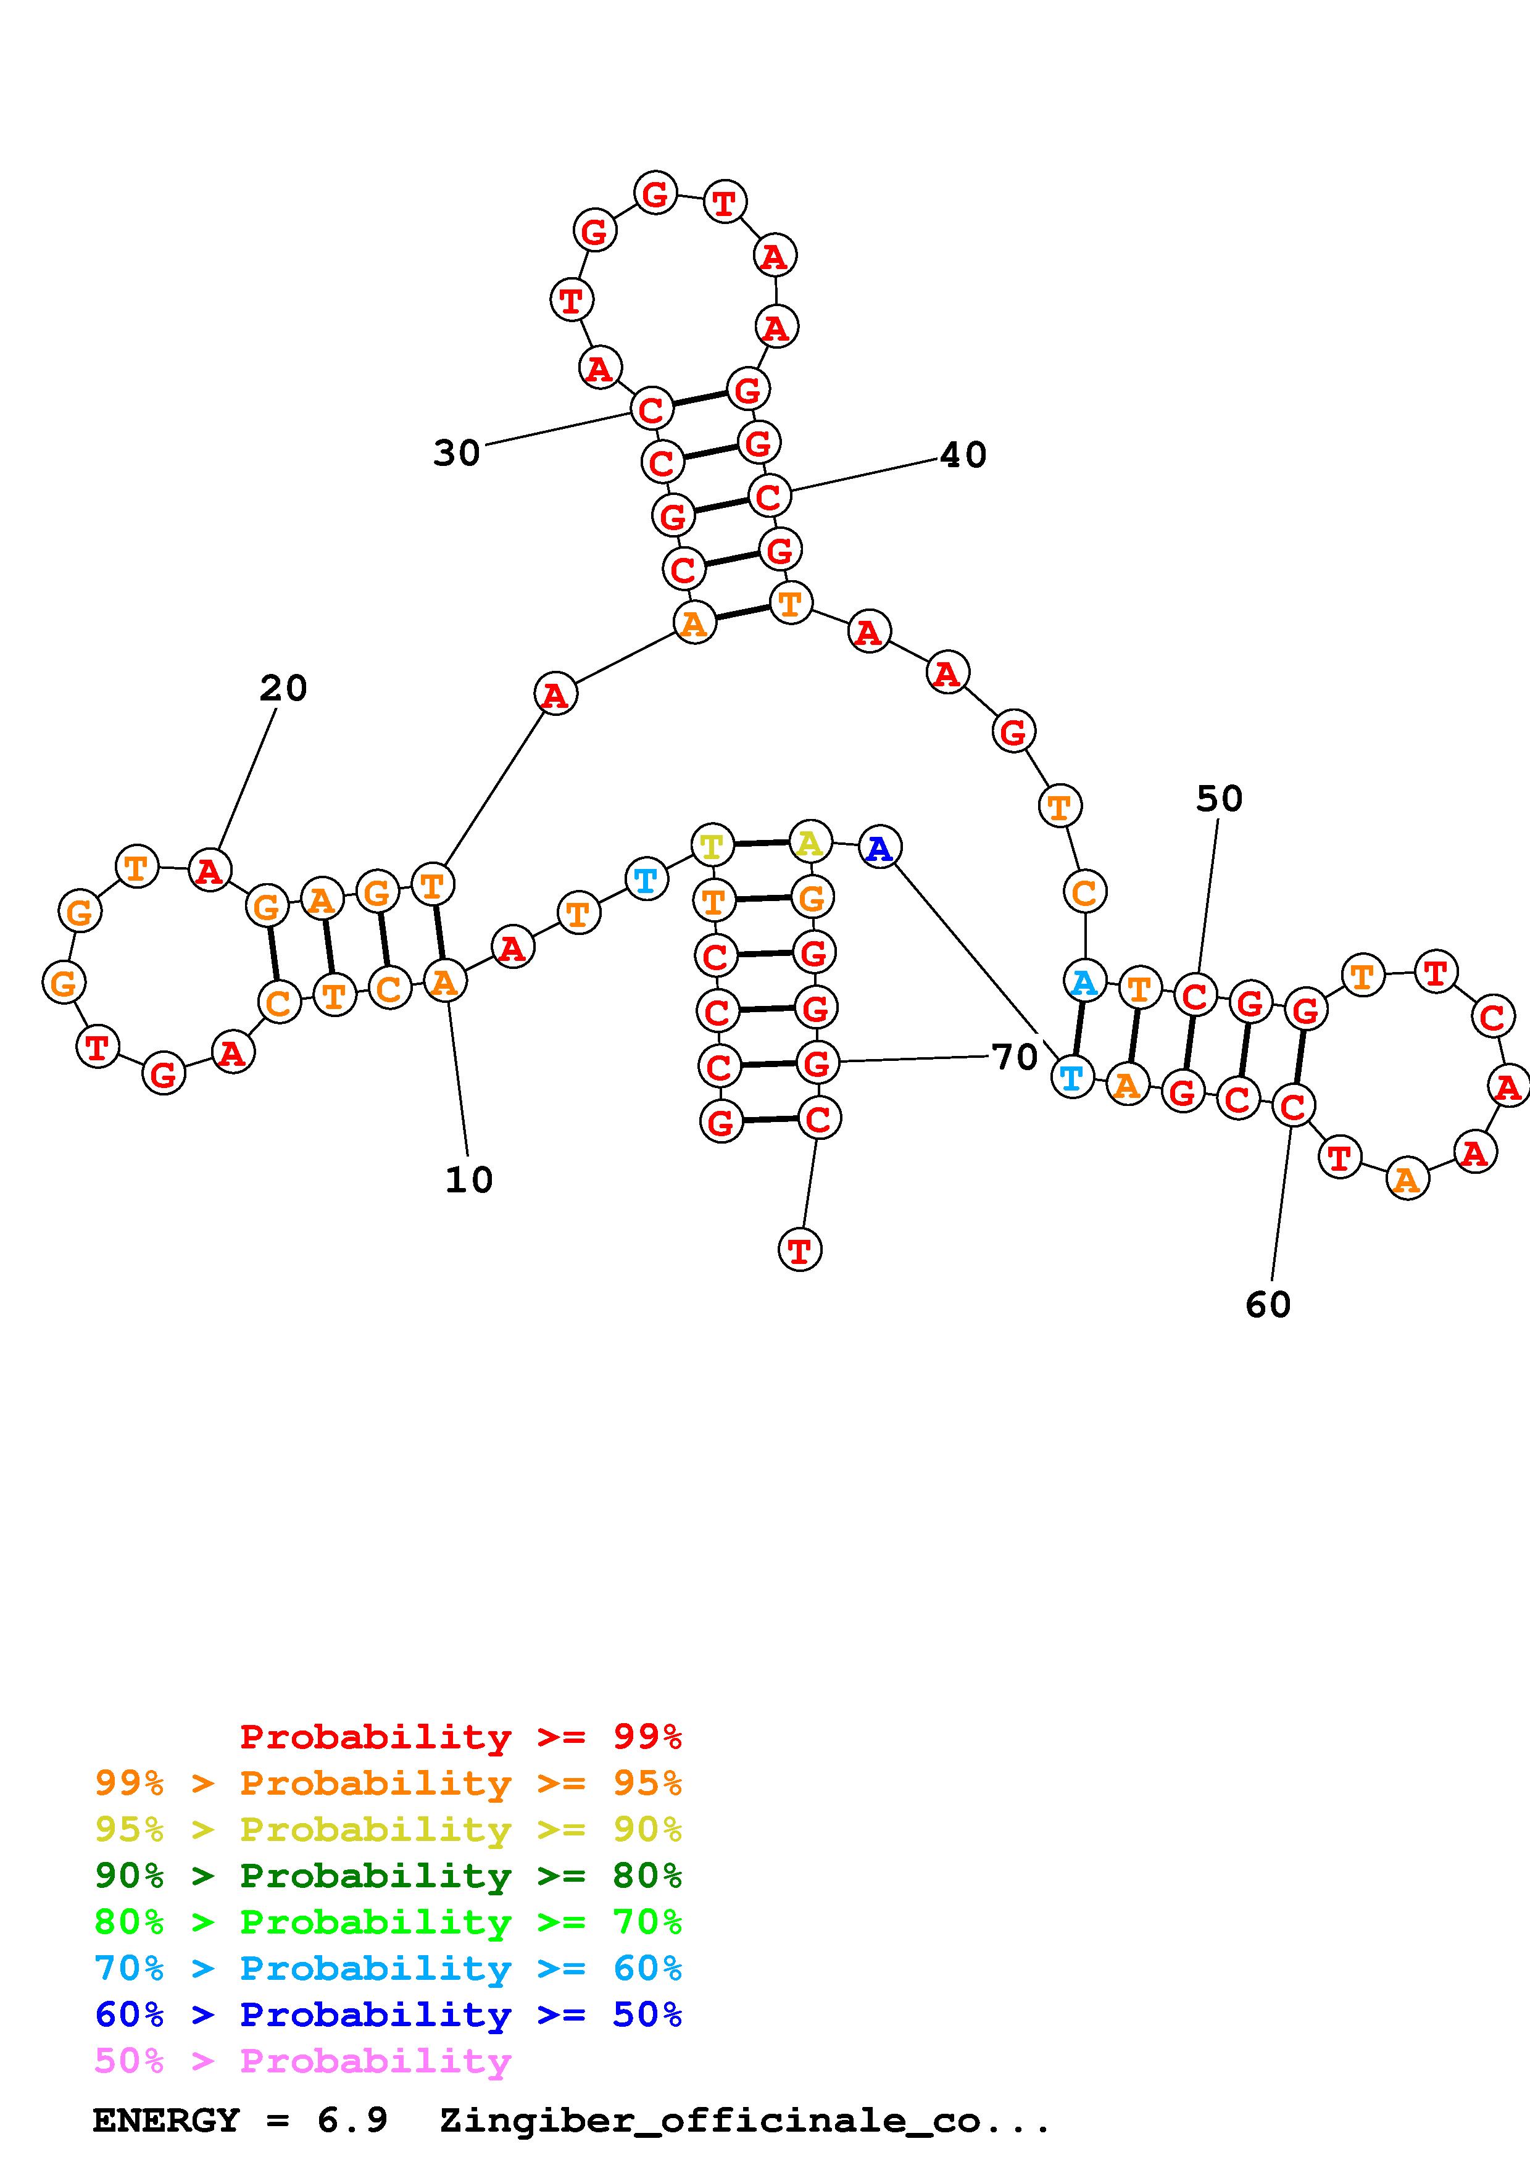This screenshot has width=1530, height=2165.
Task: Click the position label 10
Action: [x=468, y=1179]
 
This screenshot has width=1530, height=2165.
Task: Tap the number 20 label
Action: [x=283, y=688]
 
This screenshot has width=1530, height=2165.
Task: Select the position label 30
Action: [x=456, y=454]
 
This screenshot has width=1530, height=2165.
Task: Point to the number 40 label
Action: [x=962, y=455]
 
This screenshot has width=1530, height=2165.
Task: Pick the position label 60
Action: [x=1267, y=1305]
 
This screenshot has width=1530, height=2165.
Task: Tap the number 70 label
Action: [x=1015, y=1058]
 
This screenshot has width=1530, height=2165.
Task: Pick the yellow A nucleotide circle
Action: [x=810, y=842]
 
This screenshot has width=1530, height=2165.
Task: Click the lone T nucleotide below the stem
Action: [x=799, y=1250]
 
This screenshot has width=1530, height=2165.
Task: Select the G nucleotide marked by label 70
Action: [x=817, y=1063]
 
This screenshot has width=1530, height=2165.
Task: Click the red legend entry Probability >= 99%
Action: [x=460, y=1737]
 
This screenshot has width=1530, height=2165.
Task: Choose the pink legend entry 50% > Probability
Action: [x=302, y=2061]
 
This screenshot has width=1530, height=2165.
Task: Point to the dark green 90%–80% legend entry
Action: [x=388, y=1876]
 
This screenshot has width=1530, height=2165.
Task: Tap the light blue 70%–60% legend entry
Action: [x=388, y=1969]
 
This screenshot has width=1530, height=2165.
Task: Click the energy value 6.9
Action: [x=352, y=2121]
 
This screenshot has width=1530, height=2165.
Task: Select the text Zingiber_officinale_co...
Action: [x=745, y=2121]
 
